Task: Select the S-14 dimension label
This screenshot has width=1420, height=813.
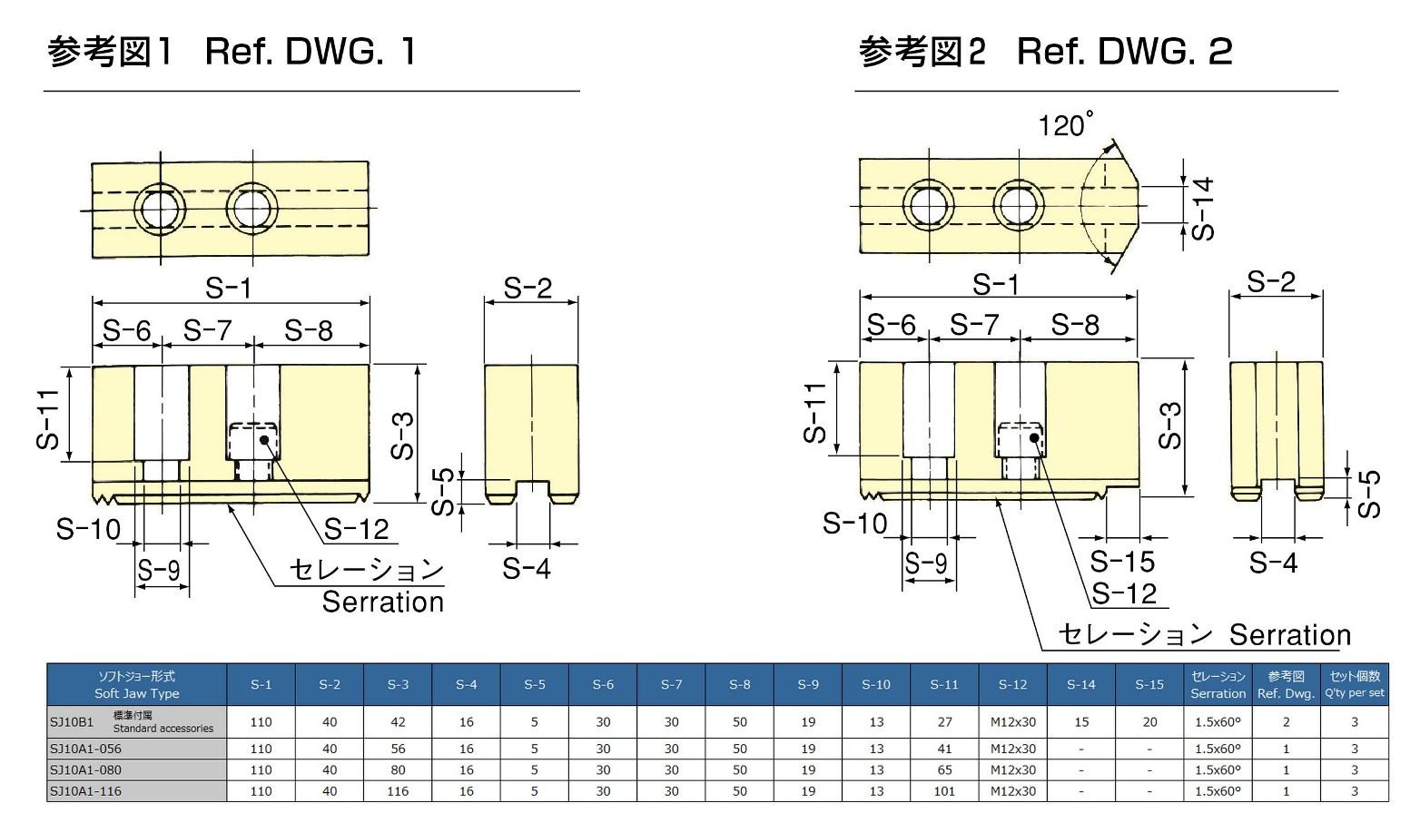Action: (1203, 209)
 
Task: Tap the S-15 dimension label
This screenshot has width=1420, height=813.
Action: (1122, 562)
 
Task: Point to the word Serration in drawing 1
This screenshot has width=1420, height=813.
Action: (382, 602)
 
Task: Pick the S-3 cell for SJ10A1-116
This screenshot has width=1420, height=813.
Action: (398, 791)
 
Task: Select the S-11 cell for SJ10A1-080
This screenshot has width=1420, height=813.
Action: (944, 770)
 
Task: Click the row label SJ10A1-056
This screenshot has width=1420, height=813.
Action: (85, 749)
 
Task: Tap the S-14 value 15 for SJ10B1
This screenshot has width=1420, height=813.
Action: (1080, 722)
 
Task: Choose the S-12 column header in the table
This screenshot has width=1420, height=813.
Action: (1012, 685)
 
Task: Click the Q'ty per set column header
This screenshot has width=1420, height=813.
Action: (1354, 685)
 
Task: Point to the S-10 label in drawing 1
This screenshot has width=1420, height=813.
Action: (88, 528)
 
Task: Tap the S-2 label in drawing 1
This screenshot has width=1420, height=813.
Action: (528, 289)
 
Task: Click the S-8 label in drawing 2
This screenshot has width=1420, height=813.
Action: (1075, 325)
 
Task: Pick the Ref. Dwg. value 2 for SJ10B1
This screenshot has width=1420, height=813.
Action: (1286, 722)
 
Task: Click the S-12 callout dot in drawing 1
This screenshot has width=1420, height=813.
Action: (264, 440)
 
